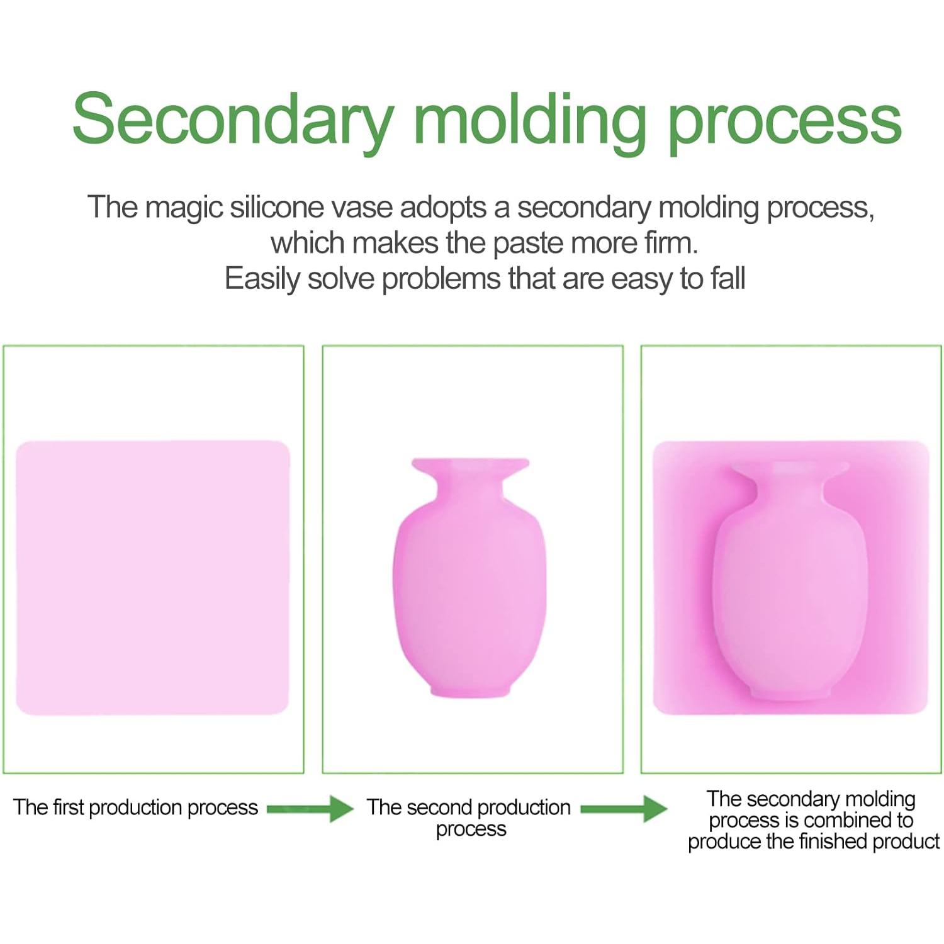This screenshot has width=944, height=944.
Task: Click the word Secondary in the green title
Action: click(233, 120)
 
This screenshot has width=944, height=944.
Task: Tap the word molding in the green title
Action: click(530, 120)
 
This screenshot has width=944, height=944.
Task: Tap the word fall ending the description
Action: click(728, 278)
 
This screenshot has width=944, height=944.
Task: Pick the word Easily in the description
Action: click(262, 279)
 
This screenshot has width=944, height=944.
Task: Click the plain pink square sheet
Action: click(152, 578)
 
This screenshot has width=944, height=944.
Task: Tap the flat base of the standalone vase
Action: click(470, 692)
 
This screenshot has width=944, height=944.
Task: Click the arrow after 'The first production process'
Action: click(310, 809)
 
